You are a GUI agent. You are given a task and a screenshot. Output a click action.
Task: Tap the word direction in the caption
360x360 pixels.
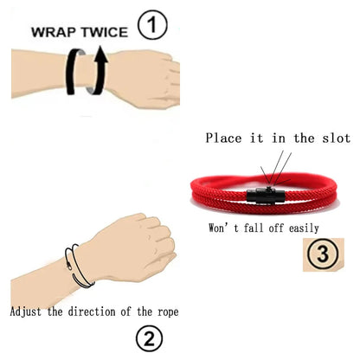tap(101, 310)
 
